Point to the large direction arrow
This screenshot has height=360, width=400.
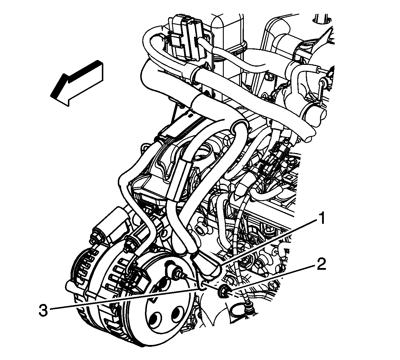click(x=77, y=83)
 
